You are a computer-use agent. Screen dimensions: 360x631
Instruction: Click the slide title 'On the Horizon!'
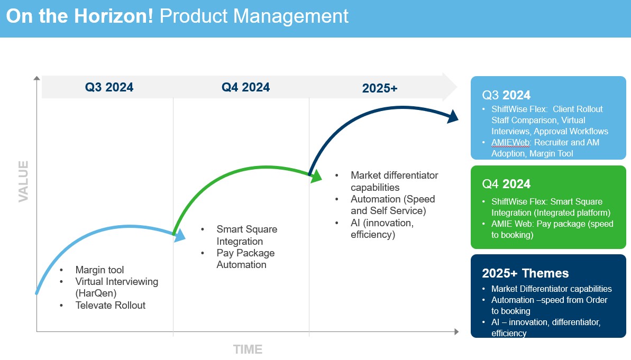(79, 16)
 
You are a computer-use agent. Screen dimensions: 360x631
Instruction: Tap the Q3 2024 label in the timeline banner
(109, 87)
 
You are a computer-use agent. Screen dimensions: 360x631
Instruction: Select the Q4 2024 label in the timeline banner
(245, 87)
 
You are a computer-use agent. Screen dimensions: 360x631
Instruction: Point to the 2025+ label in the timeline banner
(379, 88)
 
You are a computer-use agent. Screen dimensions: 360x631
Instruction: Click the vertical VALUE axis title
(23, 181)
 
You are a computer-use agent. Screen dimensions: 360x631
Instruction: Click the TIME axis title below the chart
(248, 349)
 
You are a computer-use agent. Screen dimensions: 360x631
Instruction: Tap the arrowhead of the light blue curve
(180, 235)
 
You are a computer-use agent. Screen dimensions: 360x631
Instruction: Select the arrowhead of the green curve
(317, 177)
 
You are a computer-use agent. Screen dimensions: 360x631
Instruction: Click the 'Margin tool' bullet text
(99, 270)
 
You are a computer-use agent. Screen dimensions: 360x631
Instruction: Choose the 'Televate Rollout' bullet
(110, 305)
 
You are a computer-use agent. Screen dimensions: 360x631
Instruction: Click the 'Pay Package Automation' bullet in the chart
(245, 259)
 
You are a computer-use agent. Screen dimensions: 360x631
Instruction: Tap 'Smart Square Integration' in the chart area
(246, 235)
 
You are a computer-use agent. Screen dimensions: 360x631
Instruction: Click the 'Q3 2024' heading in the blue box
(506, 95)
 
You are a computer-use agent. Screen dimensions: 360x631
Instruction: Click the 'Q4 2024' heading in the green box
(506, 184)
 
